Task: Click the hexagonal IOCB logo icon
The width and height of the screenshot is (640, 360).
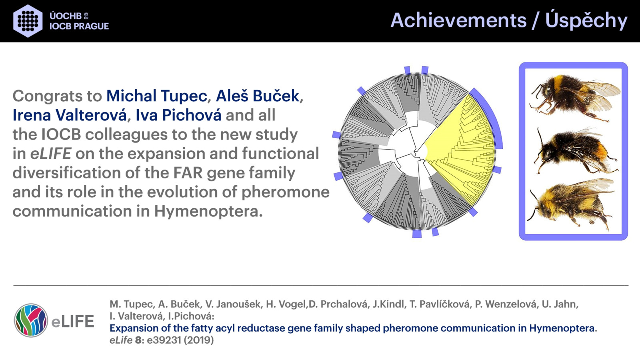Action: pyautogui.click(x=28, y=21)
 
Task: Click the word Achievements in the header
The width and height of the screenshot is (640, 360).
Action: pyautogui.click(x=458, y=20)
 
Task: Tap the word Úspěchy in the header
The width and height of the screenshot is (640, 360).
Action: pyautogui.click(x=586, y=20)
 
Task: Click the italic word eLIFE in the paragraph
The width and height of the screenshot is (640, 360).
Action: pyautogui.click(x=50, y=154)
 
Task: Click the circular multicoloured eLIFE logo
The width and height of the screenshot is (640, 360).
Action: pyautogui.click(x=31, y=320)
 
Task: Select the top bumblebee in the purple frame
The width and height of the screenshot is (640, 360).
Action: pyautogui.click(x=574, y=97)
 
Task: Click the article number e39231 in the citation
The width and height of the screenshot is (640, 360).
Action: pyautogui.click(x=164, y=340)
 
